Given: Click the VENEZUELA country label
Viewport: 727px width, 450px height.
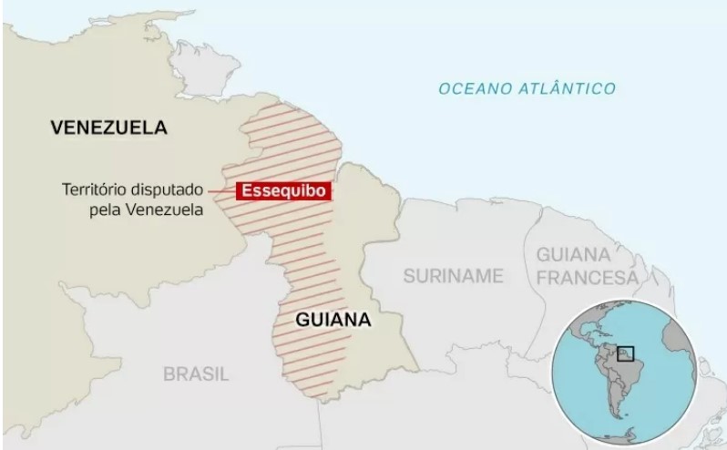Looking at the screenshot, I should point(109,128).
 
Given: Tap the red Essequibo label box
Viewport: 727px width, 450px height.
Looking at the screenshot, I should point(282,191).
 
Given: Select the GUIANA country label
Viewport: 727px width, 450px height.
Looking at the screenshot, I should point(333,320).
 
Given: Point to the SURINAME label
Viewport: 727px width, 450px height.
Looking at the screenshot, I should point(454,275).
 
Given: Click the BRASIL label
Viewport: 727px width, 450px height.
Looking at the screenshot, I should point(196,373).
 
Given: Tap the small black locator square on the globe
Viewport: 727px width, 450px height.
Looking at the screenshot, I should point(625,353).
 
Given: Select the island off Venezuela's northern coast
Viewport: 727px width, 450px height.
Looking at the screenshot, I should point(204,60).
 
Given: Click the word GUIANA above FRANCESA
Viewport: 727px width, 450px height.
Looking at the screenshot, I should point(574,253).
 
